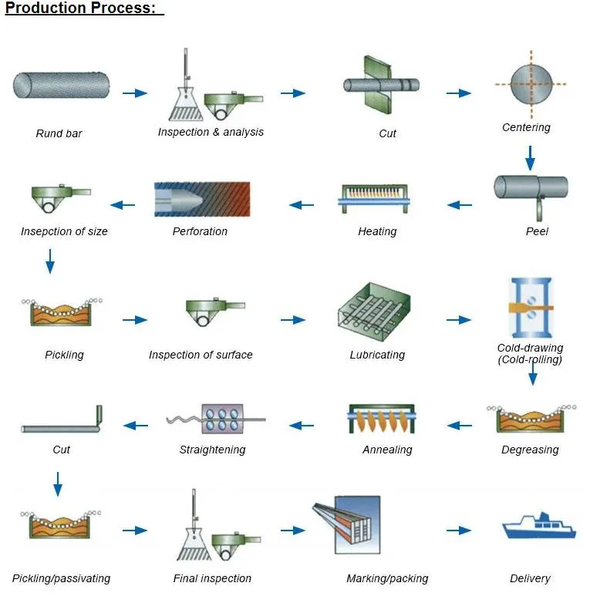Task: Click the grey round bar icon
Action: pyautogui.click(x=61, y=85)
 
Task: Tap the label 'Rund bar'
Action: pyautogui.click(x=59, y=133)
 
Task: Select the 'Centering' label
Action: pyautogui.click(x=526, y=127)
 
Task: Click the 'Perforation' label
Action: pyautogui.click(x=200, y=231)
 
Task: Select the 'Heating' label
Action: pyautogui.click(x=377, y=231)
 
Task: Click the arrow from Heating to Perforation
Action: pyautogui.click(x=302, y=205)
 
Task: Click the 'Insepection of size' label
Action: pyautogui.click(x=64, y=231)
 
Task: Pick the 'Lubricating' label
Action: pyautogui.click(x=377, y=355)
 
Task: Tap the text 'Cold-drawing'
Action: pyautogui.click(x=530, y=348)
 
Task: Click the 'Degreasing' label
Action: pyautogui.click(x=530, y=450)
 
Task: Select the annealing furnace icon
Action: pyautogui.click(x=381, y=419)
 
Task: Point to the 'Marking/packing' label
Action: pyautogui.click(x=387, y=578)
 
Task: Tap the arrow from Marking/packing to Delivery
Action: pyautogui.click(x=458, y=531)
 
